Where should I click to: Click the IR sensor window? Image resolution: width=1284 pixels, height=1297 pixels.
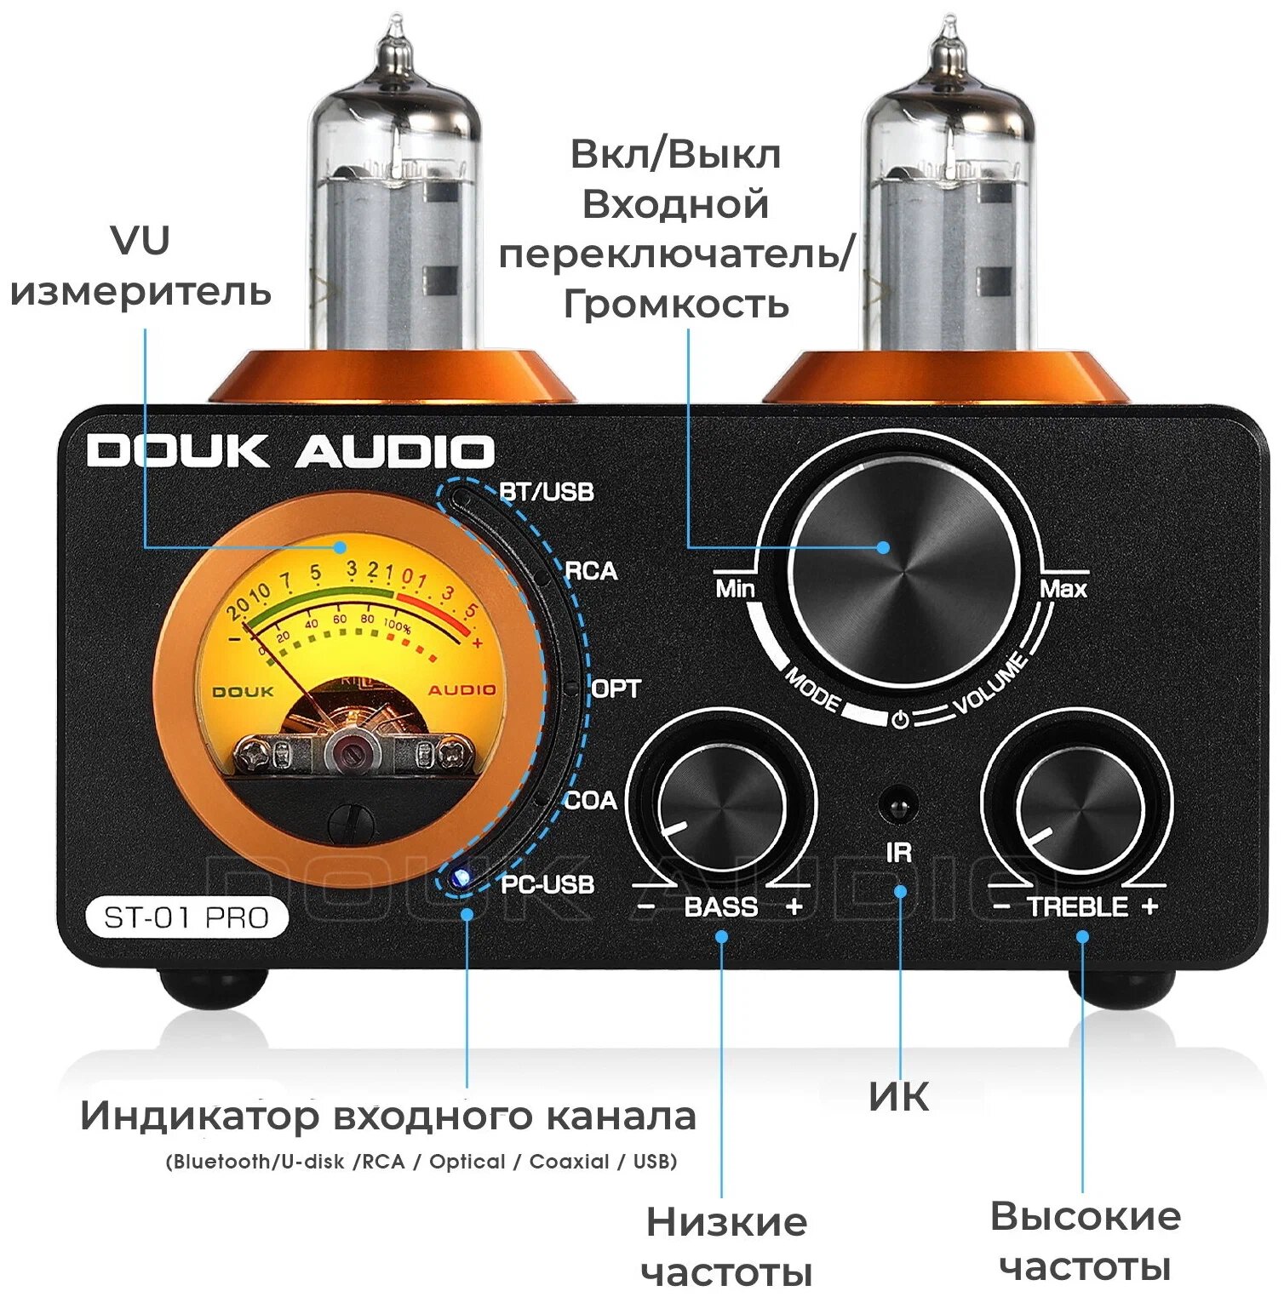coord(897,805)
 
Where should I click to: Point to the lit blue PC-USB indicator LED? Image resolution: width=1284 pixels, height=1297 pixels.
coord(461,877)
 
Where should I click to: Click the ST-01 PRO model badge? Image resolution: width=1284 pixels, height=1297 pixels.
coord(186,917)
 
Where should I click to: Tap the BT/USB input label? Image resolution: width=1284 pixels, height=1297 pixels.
coord(547,492)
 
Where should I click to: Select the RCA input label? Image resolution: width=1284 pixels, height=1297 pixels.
coord(591,570)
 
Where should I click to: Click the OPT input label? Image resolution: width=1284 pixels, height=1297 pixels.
coord(615,688)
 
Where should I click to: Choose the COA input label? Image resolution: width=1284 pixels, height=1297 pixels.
coord(590,800)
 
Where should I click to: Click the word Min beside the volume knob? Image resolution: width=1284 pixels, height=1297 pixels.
coord(735,588)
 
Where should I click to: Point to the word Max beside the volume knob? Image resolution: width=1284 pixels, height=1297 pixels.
coord(1063,588)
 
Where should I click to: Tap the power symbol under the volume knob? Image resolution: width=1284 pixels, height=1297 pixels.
coord(900,720)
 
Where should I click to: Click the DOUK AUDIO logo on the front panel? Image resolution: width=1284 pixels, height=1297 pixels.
coord(290,451)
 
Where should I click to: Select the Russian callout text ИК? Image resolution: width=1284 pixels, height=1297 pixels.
coord(899,1096)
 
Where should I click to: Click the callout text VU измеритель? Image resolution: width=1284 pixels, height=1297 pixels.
coord(140,266)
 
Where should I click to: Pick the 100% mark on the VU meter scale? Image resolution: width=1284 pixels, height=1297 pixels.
coord(397,628)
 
